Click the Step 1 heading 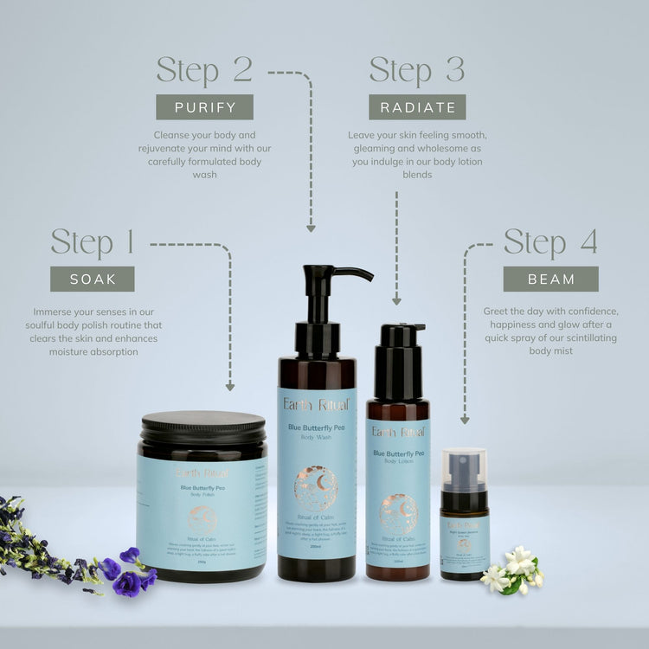[x=93, y=243]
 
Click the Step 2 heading [x=204, y=70]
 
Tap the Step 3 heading [x=417, y=70]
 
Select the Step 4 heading [x=550, y=243]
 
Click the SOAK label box [x=93, y=279]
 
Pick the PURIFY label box [x=204, y=106]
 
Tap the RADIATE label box [x=417, y=106]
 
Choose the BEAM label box [x=550, y=279]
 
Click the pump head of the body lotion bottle [x=401, y=335]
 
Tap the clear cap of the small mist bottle [x=464, y=467]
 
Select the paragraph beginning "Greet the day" [x=550, y=331]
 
